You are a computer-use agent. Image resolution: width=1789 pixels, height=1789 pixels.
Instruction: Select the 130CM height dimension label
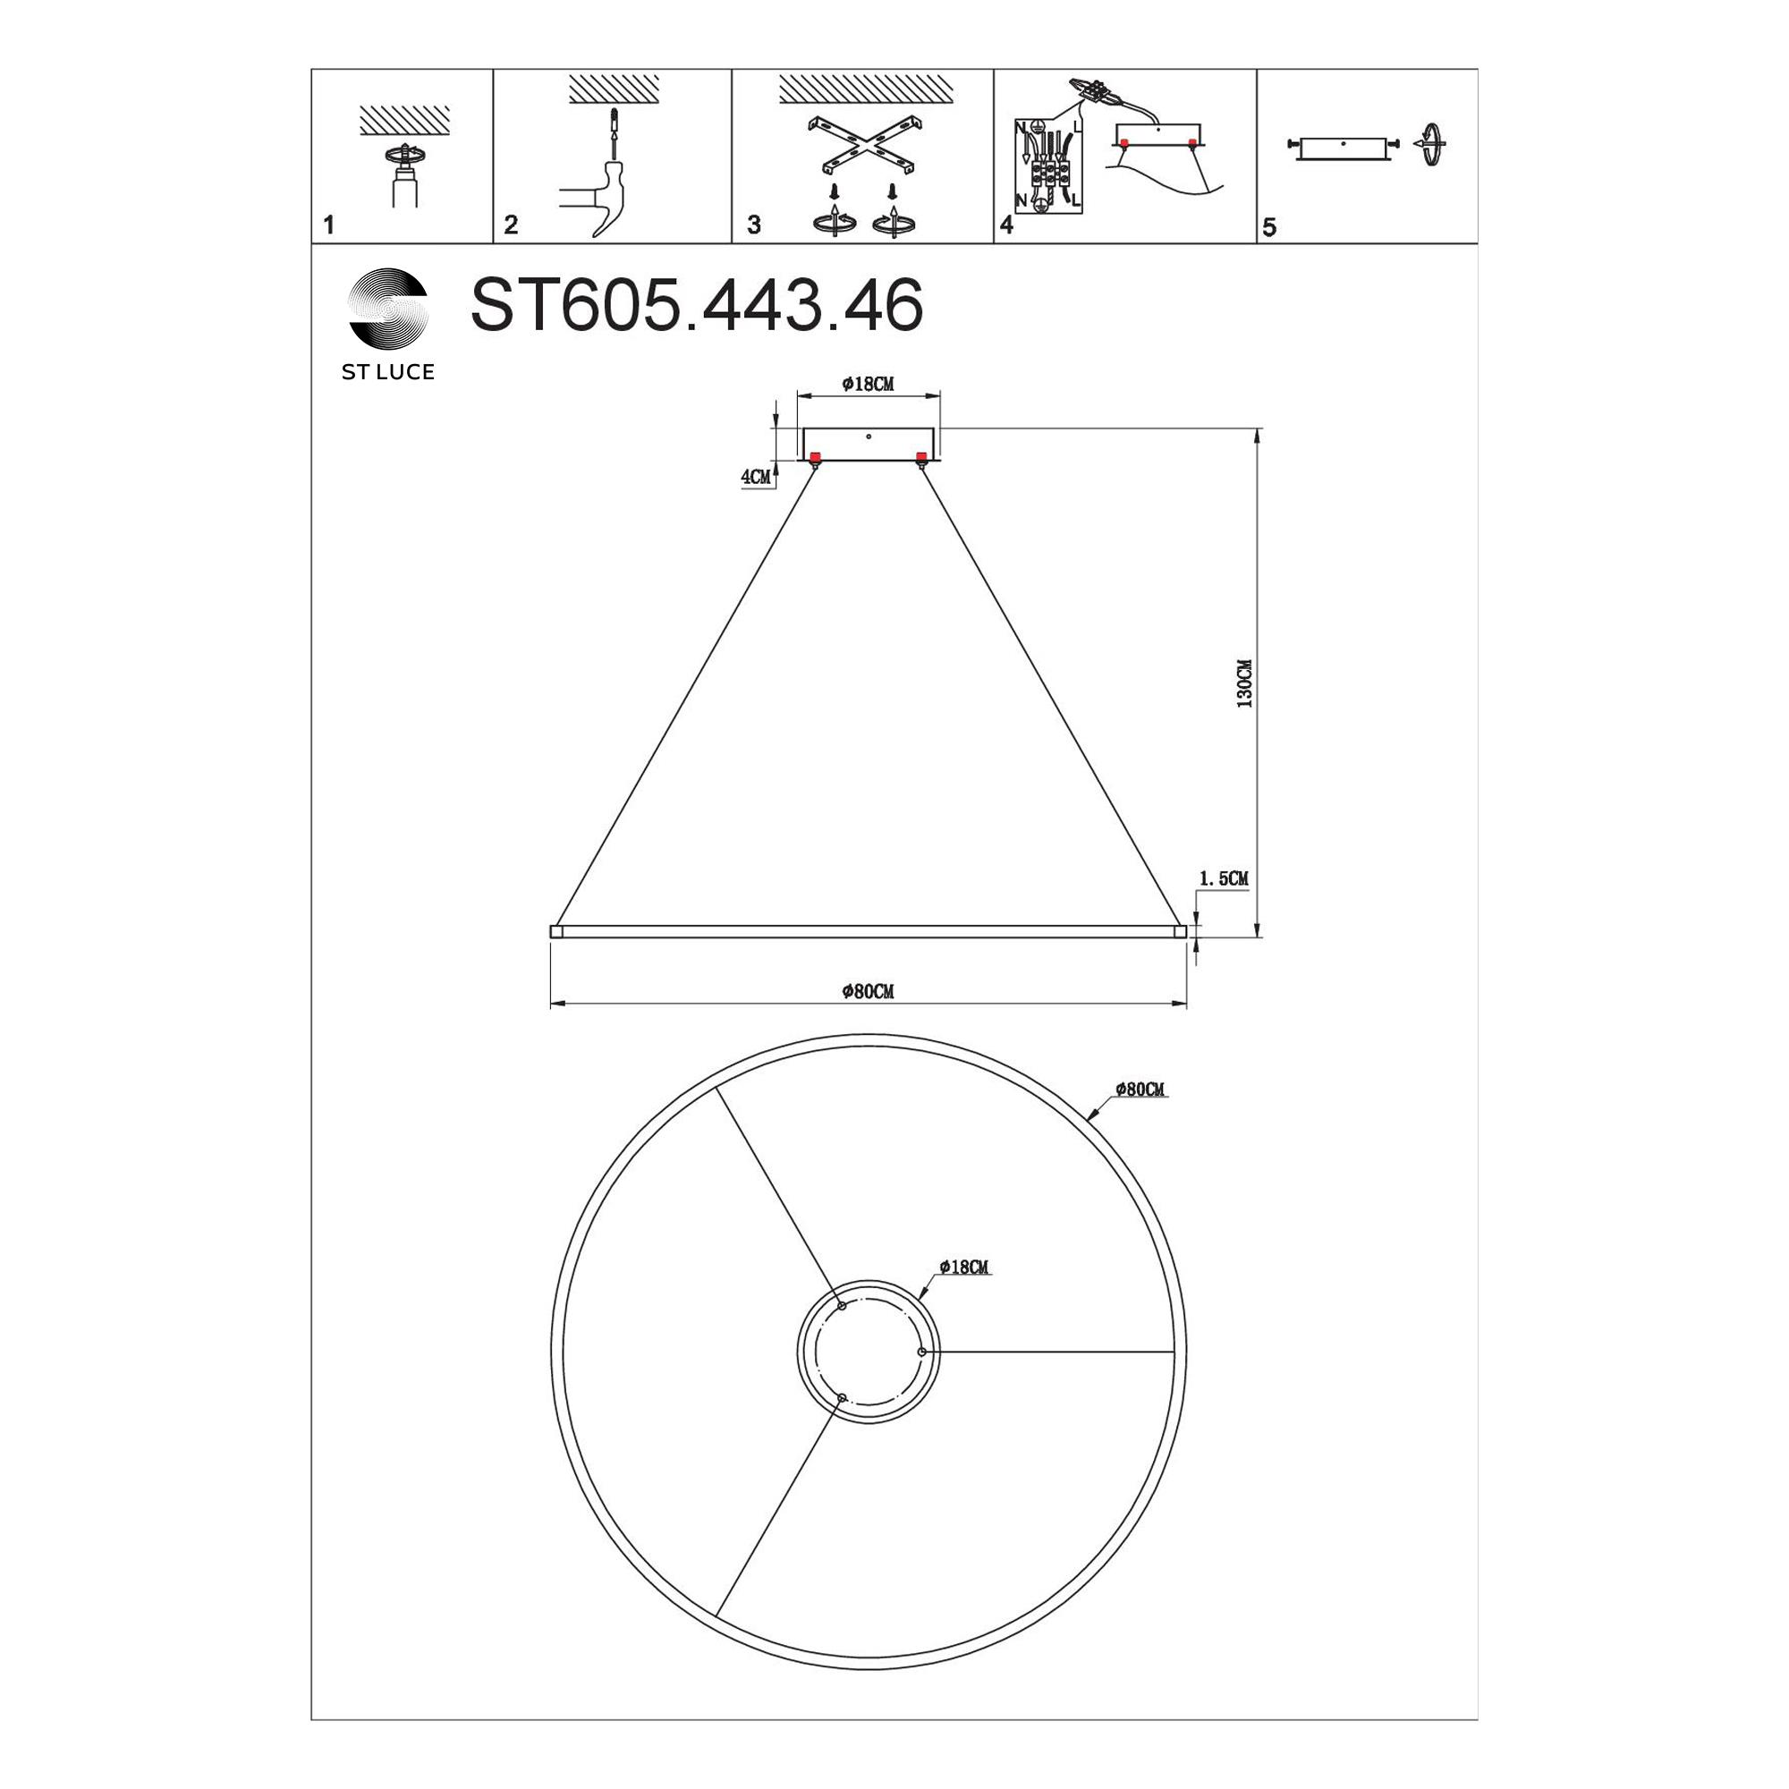pyautogui.click(x=1244, y=683)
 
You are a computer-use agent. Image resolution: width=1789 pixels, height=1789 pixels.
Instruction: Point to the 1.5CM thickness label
pyautogui.click(x=1223, y=878)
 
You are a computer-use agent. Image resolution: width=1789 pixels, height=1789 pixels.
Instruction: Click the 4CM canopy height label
pyautogui.click(x=756, y=477)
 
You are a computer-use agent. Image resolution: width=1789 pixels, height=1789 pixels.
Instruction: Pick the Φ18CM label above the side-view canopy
pyautogui.click(x=868, y=384)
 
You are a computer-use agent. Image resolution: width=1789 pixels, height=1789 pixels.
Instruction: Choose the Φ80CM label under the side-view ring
pyautogui.click(x=868, y=992)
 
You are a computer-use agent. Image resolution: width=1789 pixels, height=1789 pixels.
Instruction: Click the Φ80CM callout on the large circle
pyautogui.click(x=1140, y=1089)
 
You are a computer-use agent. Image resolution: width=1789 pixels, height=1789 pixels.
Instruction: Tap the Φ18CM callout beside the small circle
pyautogui.click(x=964, y=1267)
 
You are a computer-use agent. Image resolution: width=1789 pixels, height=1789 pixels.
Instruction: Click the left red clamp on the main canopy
pyautogui.click(x=816, y=456)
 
